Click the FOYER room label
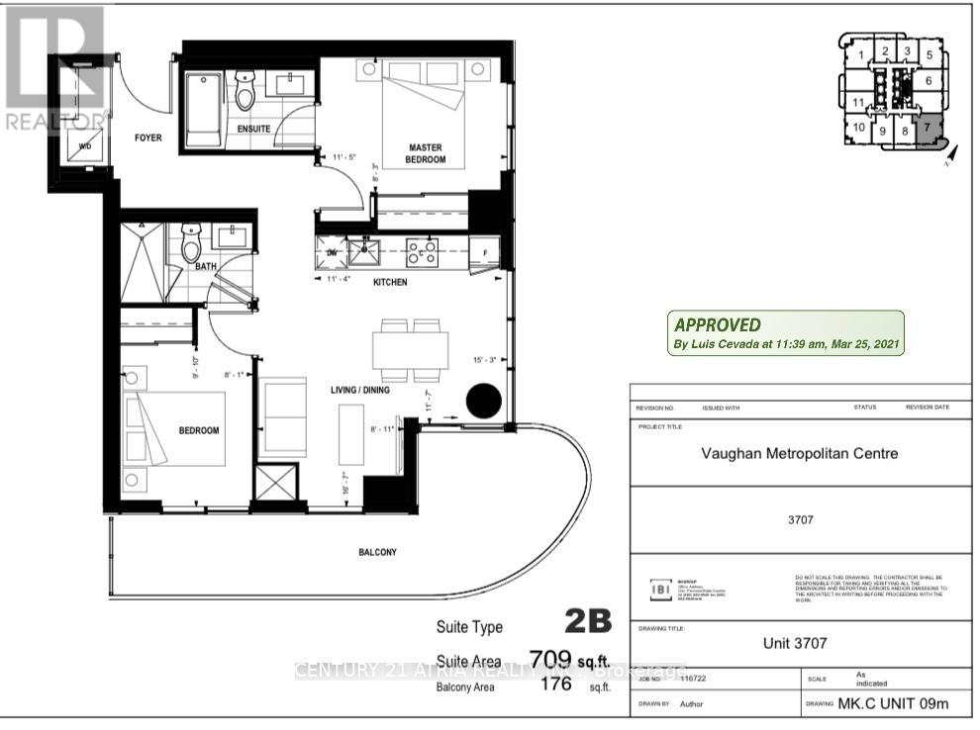click(147, 137)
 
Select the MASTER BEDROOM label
click(426, 153)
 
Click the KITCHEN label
click(390, 282)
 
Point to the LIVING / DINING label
click(359, 390)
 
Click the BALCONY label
click(377, 552)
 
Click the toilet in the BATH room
click(192, 244)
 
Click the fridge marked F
click(484, 253)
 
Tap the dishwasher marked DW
click(333, 252)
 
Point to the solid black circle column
click(484, 401)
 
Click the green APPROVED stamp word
click(718, 324)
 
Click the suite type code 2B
click(588, 622)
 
